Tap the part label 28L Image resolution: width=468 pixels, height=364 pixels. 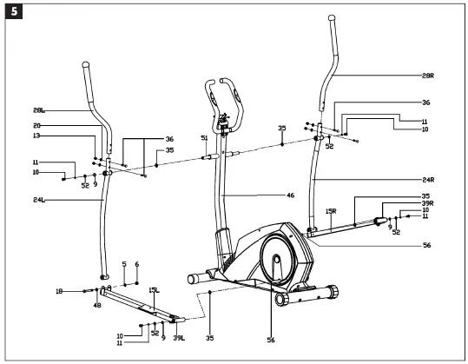tap(39, 110)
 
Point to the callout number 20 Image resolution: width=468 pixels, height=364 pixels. tap(36, 127)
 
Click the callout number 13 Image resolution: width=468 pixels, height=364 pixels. tap(36, 136)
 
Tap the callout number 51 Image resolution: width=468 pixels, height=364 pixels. tap(204, 138)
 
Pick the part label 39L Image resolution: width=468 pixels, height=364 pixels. tap(178, 337)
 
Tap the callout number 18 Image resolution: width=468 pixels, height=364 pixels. tap(59, 292)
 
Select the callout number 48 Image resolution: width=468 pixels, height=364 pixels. tap(97, 305)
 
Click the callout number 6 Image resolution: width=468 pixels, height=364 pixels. tap(136, 264)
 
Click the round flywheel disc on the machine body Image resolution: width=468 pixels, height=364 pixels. tap(276, 260)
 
